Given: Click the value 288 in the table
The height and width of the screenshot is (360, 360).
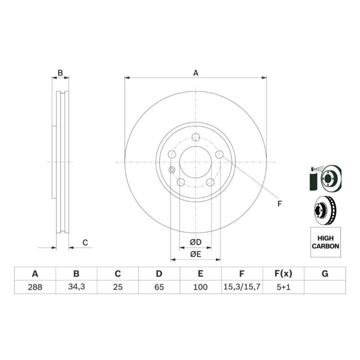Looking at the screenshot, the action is [35, 287].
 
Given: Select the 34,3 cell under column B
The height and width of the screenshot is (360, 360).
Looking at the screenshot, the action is [76, 287].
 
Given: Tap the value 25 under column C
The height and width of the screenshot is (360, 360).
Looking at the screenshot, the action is [117, 287].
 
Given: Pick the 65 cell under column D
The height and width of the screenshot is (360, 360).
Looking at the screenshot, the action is [159, 287].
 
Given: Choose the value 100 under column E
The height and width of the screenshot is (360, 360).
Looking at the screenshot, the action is [200, 287].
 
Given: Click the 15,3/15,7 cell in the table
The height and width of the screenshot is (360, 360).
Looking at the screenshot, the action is [242, 287].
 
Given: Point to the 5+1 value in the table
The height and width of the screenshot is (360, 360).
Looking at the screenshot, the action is [283, 287].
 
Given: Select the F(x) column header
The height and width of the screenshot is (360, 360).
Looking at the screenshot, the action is [283, 273].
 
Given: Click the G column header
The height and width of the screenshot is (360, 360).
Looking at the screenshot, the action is [325, 273].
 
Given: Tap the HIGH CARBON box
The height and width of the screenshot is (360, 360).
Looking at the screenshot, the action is [325, 242].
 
